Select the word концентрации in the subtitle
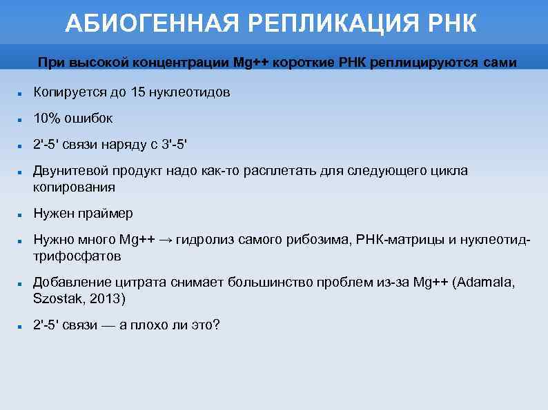[187, 63]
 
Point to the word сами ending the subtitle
[500, 63]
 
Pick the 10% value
[48, 119]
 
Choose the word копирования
[74, 187]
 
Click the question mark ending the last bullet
[216, 325]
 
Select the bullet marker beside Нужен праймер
[21, 215]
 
